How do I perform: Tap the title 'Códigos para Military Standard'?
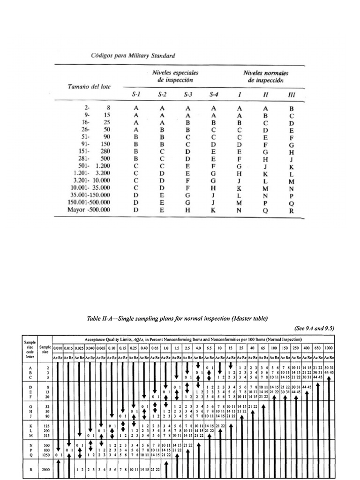tap(133, 56)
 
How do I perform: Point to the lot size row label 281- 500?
tap(96, 158)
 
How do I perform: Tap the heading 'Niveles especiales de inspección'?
tap(175, 76)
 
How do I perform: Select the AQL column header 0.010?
tap(58, 348)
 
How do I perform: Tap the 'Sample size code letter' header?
tap(29, 349)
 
